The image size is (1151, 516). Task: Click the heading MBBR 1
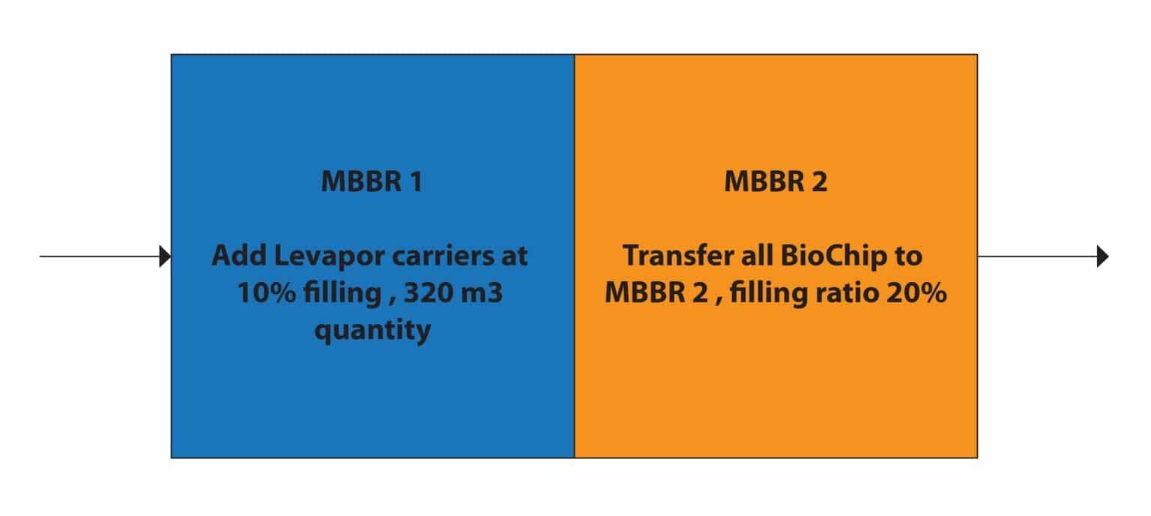pos(372,181)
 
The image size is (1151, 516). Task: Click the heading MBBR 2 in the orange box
pos(776,181)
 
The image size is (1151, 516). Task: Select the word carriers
pos(444,256)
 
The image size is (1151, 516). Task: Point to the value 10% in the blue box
pos(267,292)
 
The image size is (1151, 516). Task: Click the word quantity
pos(372,330)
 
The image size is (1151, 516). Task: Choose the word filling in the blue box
pos(342,293)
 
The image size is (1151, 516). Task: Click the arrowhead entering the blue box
pos(165,256)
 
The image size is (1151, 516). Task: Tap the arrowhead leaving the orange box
pos(1102,256)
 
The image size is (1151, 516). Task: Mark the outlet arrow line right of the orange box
pos(1043,256)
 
